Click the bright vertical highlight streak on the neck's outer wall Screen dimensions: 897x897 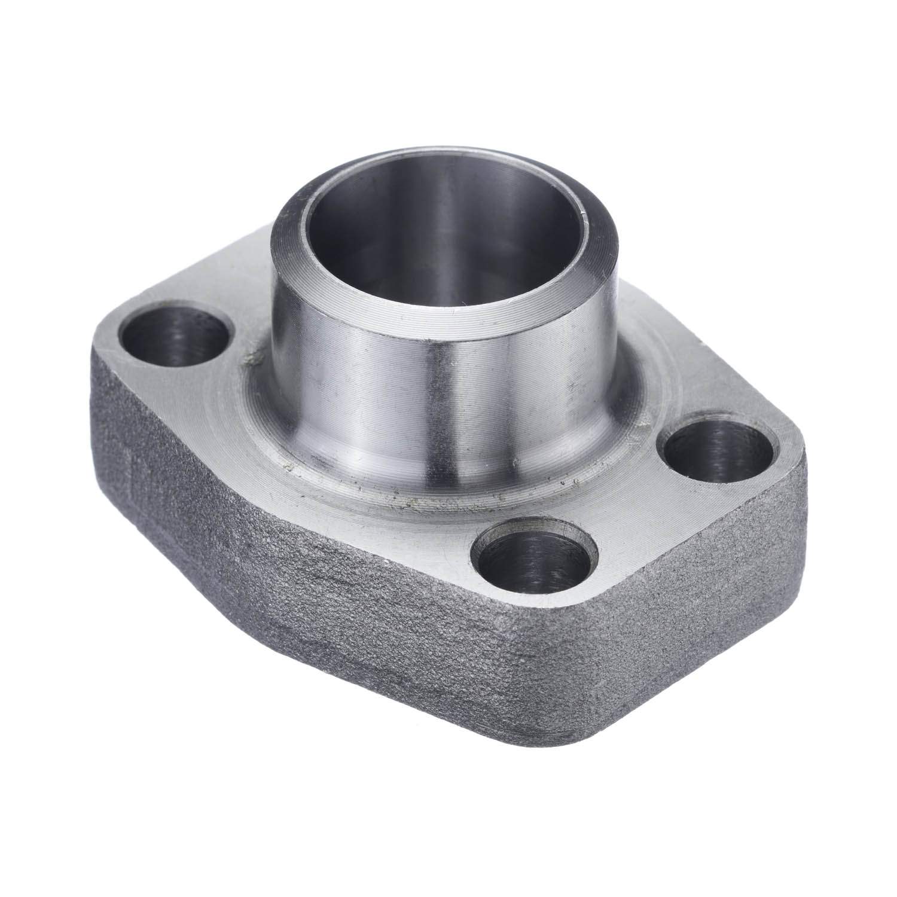tap(443, 407)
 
